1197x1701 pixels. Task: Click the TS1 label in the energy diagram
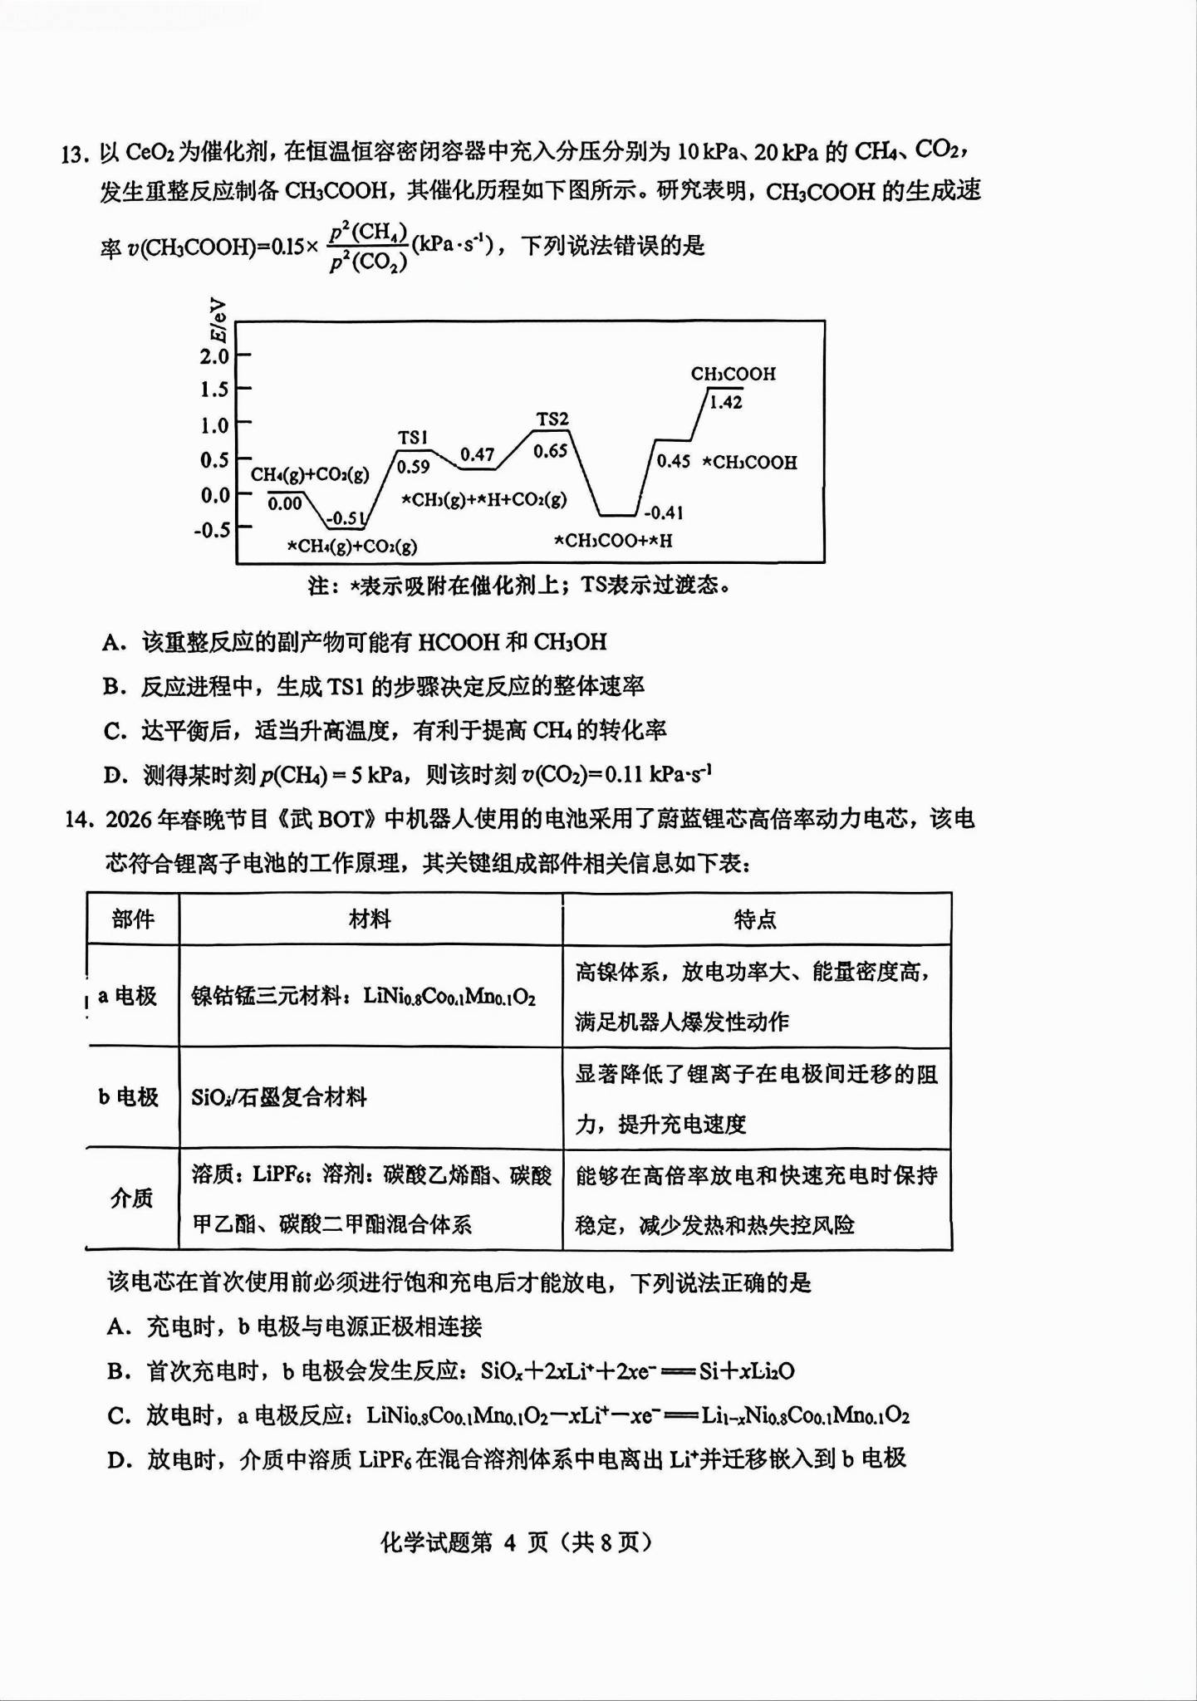tap(413, 438)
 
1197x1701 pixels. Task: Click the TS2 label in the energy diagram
tap(552, 419)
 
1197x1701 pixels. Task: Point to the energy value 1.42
tap(725, 403)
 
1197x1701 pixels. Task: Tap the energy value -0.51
tap(346, 519)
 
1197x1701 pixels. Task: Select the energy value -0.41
tap(664, 513)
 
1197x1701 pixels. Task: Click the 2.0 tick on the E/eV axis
tap(213, 356)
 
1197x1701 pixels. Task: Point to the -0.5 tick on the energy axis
tap(212, 530)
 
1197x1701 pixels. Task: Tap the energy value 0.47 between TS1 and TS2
tap(477, 454)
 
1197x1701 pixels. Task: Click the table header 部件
tap(133, 919)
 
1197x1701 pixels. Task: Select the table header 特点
tap(755, 919)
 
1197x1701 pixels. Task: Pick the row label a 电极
tap(128, 995)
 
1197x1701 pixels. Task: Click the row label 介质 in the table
tap(132, 1198)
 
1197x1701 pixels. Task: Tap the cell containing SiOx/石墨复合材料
tap(279, 1097)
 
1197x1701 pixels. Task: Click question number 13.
tap(74, 154)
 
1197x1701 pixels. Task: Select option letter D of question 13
tap(115, 776)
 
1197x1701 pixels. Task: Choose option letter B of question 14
tap(118, 1371)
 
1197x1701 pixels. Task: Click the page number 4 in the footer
tap(509, 1542)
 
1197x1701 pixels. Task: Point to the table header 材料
tap(370, 919)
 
